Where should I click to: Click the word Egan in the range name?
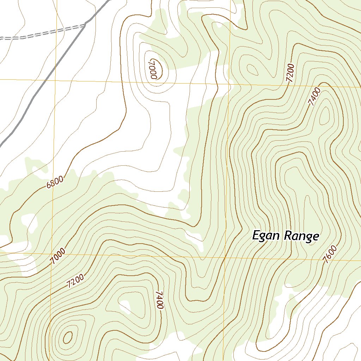[x=267, y=236]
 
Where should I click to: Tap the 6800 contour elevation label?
[x=55, y=183]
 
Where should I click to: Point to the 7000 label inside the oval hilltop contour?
[x=152, y=69]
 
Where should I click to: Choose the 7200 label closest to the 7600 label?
[x=290, y=73]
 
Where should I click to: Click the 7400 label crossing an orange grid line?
[x=314, y=97]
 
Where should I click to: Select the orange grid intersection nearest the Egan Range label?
[x=226, y=257]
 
